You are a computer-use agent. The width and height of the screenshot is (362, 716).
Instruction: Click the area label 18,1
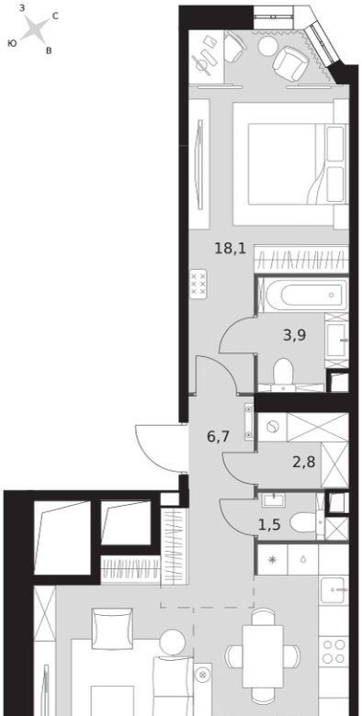231,249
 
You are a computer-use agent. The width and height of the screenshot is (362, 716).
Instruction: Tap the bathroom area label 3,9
294,336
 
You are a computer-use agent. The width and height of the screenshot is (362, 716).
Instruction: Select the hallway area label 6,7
218,437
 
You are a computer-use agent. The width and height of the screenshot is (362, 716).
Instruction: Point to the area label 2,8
304,464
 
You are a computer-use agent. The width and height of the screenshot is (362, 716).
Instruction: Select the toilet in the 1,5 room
306,522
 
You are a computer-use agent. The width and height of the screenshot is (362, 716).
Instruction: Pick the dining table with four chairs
263,655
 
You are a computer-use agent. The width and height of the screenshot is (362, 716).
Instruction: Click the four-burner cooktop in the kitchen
334,652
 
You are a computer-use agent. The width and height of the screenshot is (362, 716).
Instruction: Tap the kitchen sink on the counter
334,589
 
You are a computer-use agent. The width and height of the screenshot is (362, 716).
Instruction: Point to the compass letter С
55,17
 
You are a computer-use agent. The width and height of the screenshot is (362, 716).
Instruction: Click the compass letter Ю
12,43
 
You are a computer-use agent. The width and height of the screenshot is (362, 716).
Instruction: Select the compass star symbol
35,28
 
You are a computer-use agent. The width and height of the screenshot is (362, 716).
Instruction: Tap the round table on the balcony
267,46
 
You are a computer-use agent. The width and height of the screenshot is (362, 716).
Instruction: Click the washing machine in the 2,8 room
273,427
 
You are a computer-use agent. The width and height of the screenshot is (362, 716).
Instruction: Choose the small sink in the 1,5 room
274,500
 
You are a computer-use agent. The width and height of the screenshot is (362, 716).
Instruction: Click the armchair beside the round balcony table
289,63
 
